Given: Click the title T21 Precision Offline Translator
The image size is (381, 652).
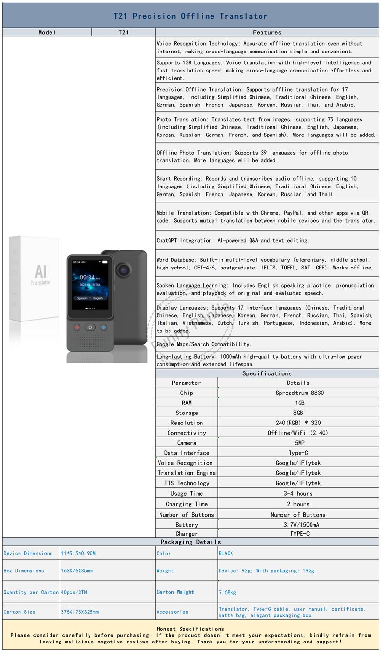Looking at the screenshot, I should [x=190, y=16].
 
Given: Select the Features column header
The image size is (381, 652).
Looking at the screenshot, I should [x=267, y=32].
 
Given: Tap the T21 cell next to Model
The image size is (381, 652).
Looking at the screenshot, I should [x=123, y=32].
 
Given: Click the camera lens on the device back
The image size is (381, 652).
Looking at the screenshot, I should [x=125, y=270].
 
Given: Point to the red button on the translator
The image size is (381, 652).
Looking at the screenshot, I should [x=77, y=327].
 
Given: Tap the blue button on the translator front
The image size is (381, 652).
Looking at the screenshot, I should [x=103, y=327].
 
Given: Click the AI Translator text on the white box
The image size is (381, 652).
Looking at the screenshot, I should [x=40, y=275].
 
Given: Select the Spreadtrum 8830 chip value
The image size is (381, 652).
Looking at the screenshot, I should [x=300, y=393].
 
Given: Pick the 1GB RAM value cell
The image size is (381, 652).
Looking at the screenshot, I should [x=300, y=403].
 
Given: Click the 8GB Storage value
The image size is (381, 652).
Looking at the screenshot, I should [x=300, y=413].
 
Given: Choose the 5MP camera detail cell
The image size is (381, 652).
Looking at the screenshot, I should [x=300, y=443].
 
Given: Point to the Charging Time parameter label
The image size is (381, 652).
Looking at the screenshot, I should [x=187, y=504].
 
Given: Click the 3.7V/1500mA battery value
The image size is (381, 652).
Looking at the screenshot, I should [x=300, y=525].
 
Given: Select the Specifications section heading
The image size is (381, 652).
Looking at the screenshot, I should [x=267, y=373].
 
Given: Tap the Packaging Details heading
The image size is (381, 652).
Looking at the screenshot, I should [x=190, y=542].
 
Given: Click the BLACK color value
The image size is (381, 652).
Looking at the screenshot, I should [x=226, y=553].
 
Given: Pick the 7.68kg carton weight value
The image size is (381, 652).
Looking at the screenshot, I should [x=227, y=592].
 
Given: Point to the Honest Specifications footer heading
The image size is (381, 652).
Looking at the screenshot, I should [x=190, y=629].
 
